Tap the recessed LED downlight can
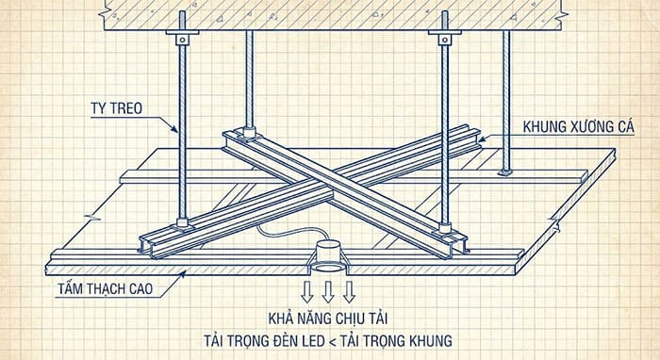(326, 254)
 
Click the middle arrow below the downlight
(328, 289)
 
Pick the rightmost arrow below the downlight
(348, 287)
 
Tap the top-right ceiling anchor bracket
(443, 38)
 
